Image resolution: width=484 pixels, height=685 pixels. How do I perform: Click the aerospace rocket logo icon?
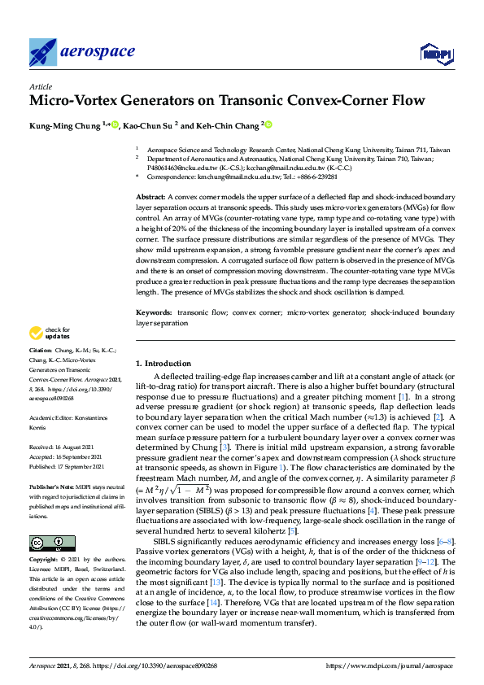click(42, 51)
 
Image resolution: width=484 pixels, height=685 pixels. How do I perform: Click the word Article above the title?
click(41, 85)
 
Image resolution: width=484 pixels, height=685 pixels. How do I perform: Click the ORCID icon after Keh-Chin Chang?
click(268, 125)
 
